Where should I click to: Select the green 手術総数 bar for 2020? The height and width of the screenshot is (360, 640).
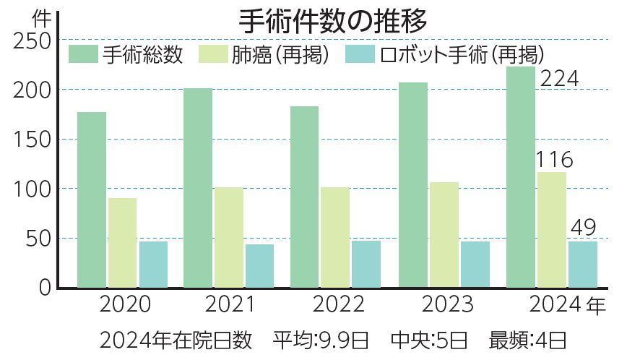pyautogui.click(x=92, y=200)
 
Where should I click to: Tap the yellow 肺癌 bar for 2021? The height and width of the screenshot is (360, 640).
pyautogui.click(x=229, y=237)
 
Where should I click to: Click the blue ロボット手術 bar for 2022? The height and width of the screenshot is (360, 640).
pyautogui.click(x=366, y=264)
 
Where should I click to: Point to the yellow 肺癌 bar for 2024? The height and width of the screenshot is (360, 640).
pyautogui.click(x=552, y=229)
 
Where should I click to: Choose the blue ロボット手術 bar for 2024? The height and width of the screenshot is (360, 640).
pyautogui.click(x=583, y=264)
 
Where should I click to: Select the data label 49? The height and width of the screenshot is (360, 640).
pyautogui.click(x=583, y=228)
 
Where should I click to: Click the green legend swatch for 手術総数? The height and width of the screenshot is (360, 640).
pyautogui.click(x=83, y=54)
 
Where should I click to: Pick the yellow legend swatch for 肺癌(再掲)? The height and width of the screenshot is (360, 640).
pyautogui.click(x=210, y=54)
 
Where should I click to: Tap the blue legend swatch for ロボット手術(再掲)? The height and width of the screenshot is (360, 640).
pyautogui.click(x=359, y=54)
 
